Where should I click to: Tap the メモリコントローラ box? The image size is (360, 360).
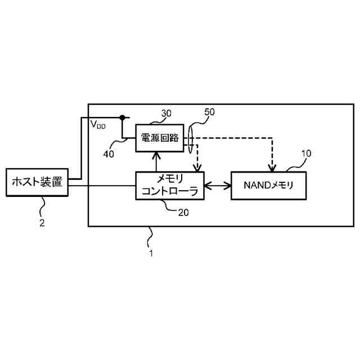pyautogui.click(x=169, y=186)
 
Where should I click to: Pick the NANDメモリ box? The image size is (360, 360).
pyautogui.click(x=269, y=185)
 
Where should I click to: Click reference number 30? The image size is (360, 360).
pyautogui.click(x=166, y=113)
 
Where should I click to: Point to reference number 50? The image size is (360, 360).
pyautogui.click(x=209, y=112)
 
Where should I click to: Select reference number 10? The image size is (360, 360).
pyautogui.click(x=306, y=153)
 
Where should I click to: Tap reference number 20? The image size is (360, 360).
pyautogui.click(x=183, y=213)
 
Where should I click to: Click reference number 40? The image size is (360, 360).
pyautogui.click(x=108, y=152)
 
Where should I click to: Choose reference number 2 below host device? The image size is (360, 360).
pyautogui.click(x=42, y=222)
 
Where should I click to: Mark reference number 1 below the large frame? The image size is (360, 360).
pyautogui.click(x=151, y=253)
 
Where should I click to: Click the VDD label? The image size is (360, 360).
pyautogui.click(x=97, y=125)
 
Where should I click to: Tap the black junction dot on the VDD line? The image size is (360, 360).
pyautogui.click(x=121, y=118)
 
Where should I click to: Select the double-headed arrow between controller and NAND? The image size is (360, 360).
pyautogui.click(x=217, y=185)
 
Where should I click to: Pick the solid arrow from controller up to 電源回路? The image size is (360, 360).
pyautogui.click(x=156, y=162)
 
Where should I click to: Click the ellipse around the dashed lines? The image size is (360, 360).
pyautogui.click(x=191, y=138)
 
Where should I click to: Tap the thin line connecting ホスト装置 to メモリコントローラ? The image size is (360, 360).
pyautogui.click(x=101, y=185)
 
